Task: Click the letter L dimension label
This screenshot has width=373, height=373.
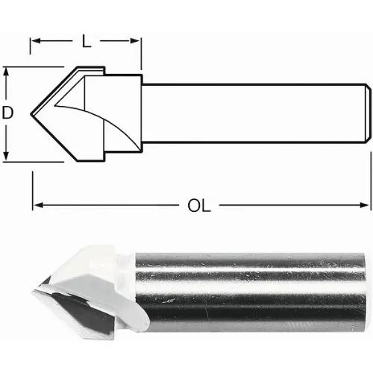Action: click(86, 43)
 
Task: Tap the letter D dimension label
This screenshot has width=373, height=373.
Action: click(7, 113)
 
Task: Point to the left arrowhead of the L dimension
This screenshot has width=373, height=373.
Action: click(35, 43)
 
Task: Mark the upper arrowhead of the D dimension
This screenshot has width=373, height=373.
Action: click(7, 72)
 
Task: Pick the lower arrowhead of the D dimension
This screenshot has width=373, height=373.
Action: click(7, 155)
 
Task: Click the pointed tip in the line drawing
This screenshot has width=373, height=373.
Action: click(32, 114)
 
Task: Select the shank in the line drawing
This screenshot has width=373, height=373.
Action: click(254, 114)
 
